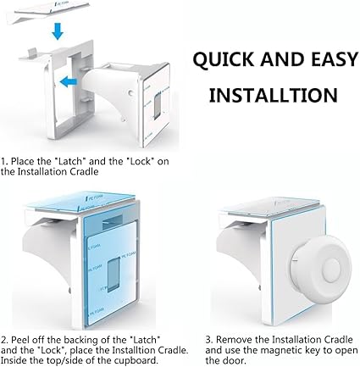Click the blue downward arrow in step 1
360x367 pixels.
click(x=58, y=31)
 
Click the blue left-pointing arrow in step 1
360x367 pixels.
click(x=69, y=82)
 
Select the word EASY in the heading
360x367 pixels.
click(x=335, y=59)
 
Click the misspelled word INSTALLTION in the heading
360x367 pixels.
click(x=274, y=95)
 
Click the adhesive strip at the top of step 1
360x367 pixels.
click(x=51, y=12)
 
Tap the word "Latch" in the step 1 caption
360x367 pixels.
click(x=70, y=161)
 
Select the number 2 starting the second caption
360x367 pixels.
click(x=3, y=340)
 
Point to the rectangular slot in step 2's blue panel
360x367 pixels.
click(x=114, y=275)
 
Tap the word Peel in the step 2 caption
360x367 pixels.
click(x=20, y=340)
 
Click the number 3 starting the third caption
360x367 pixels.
click(x=208, y=340)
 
